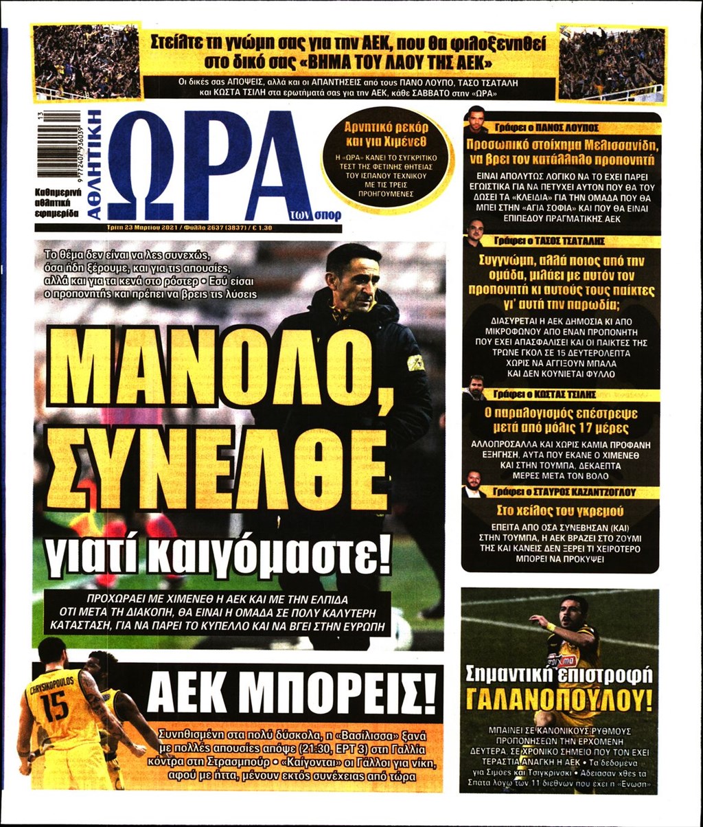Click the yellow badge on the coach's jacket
(x=415, y=362)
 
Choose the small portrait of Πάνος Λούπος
(x=475, y=120)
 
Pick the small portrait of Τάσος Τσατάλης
(x=474, y=233)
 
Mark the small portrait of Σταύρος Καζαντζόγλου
(x=473, y=483)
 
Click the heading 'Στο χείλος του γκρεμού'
(x=560, y=511)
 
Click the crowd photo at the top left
(x=87, y=62)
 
